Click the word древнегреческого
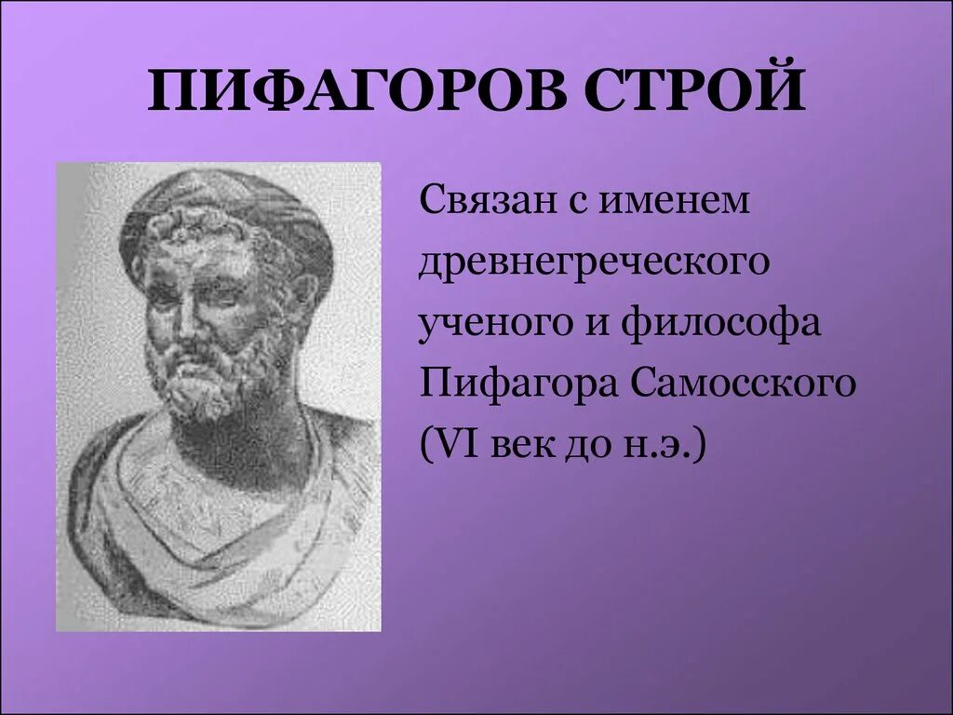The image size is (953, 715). tap(596, 263)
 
